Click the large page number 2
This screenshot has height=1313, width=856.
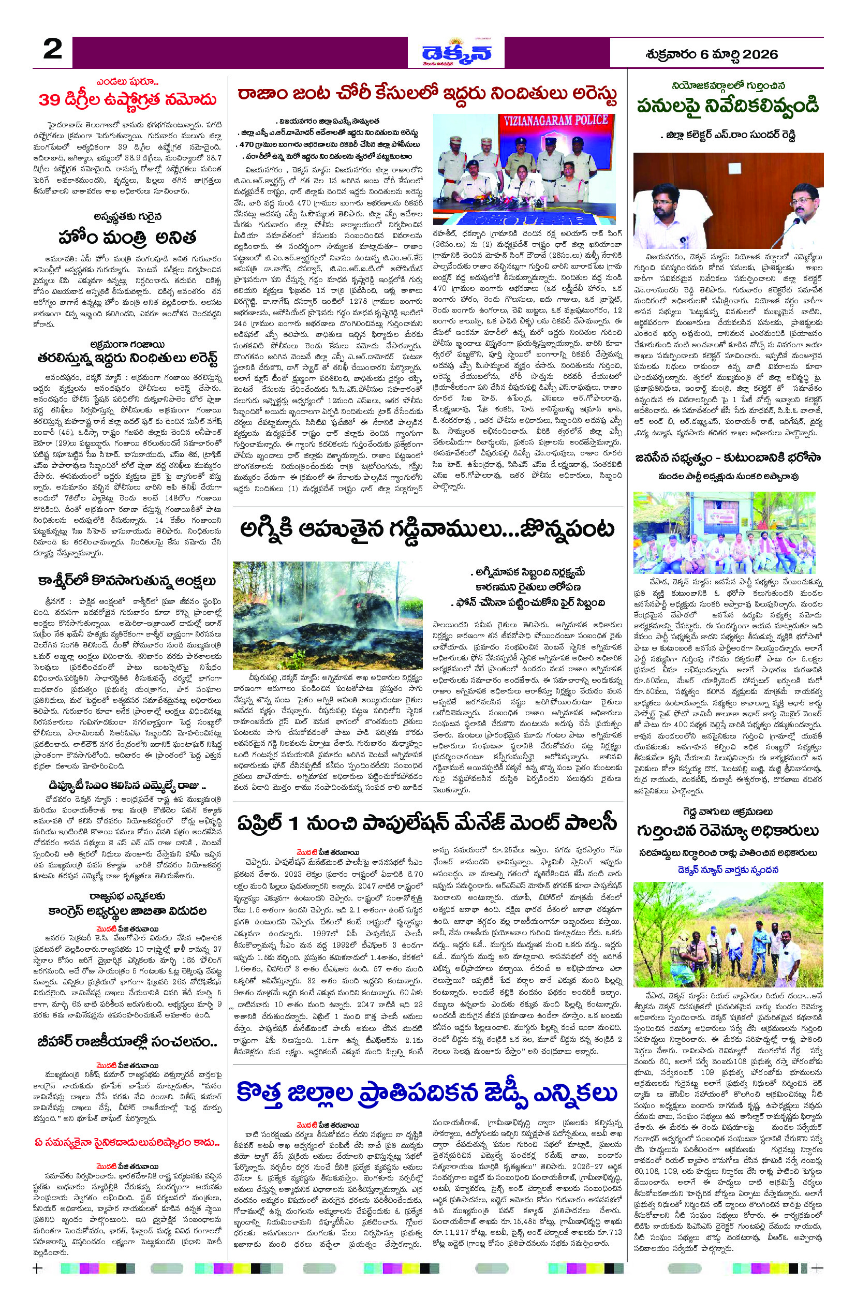pyautogui.click(x=52, y=51)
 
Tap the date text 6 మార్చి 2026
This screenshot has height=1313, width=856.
pyautogui.click(x=711, y=54)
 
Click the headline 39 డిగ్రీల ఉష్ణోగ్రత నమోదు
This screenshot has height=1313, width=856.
pyautogui.click(x=127, y=100)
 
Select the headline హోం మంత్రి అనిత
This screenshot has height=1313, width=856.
pyautogui.click(x=127, y=238)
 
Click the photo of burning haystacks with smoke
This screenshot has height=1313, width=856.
pyautogui.click(x=328, y=615)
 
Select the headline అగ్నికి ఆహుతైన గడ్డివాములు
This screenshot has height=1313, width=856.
pyautogui.click(x=427, y=529)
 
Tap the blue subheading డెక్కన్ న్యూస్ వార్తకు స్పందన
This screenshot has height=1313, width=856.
pyautogui.click(x=728, y=870)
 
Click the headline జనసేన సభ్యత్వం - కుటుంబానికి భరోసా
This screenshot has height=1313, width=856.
pyautogui.click(x=728, y=458)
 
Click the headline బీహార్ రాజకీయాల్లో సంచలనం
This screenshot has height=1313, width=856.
pyautogui.click(x=127, y=1042)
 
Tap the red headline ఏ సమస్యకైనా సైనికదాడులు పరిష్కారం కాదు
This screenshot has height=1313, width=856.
pyautogui.click(x=127, y=1143)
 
